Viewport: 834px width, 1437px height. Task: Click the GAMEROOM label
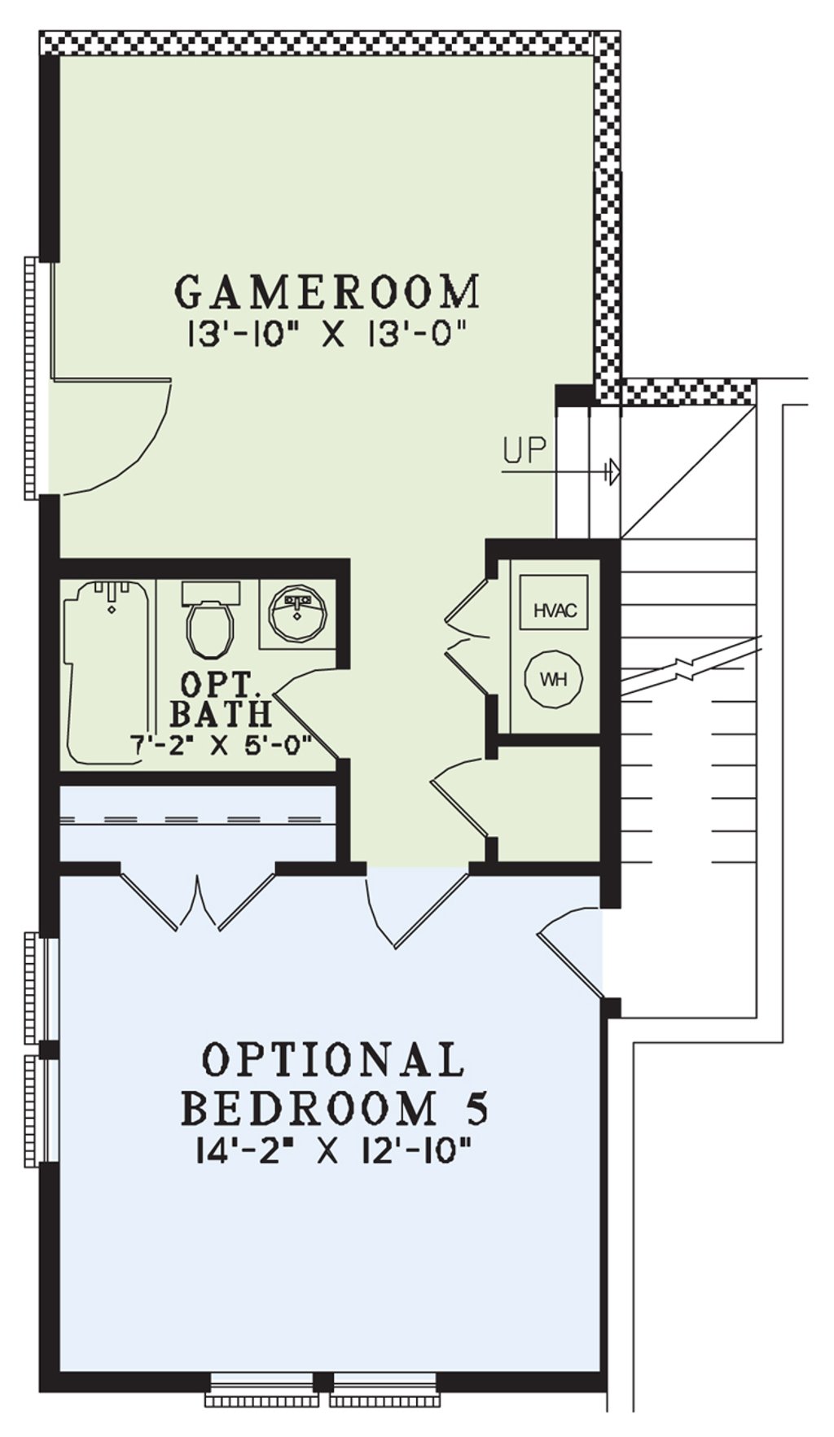pyautogui.click(x=327, y=291)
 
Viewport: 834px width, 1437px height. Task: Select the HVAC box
pyautogui.click(x=555, y=609)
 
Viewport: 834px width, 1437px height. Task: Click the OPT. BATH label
pyautogui.click(x=220, y=699)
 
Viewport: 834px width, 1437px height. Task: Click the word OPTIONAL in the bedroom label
pyautogui.click(x=333, y=1060)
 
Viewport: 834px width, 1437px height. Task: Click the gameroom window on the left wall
pyautogui.click(x=31, y=378)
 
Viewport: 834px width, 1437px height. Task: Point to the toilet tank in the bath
pyautogui.click(x=210, y=591)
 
